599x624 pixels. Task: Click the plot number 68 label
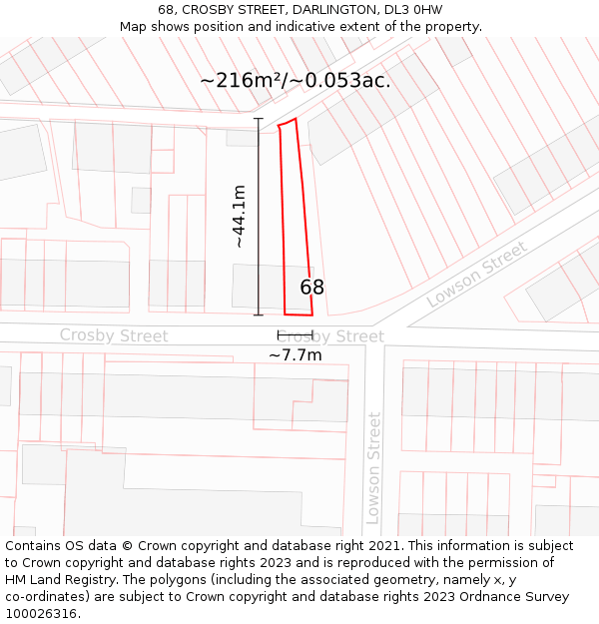[312, 288]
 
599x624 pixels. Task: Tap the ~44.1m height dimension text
[240, 217]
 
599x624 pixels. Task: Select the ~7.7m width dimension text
[296, 354]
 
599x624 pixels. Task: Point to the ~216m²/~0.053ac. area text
[296, 81]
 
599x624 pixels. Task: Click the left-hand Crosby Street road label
[114, 335]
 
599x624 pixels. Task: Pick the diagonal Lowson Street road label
[476, 275]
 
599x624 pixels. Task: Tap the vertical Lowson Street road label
[373, 467]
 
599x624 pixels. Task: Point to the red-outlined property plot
[293, 220]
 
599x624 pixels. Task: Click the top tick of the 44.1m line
[259, 119]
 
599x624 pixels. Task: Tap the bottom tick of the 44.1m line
[259, 315]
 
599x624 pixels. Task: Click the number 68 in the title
[166, 10]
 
